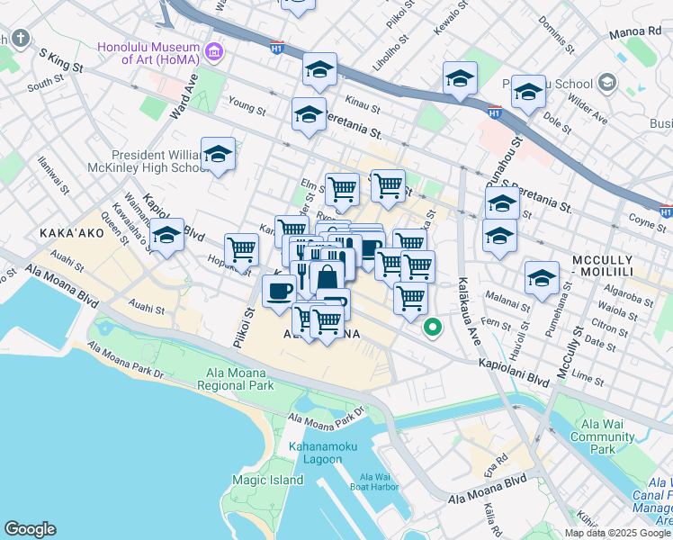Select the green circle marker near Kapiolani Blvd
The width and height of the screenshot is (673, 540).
tap(433, 328)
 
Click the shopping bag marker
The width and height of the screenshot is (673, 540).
tap(328, 277)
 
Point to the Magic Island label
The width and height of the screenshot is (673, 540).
tap(267, 480)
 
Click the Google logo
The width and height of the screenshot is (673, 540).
tap(30, 529)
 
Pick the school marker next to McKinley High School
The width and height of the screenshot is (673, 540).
tap(218, 155)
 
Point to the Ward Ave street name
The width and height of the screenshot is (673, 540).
tap(183, 98)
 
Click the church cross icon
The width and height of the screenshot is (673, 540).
tap(20, 39)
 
